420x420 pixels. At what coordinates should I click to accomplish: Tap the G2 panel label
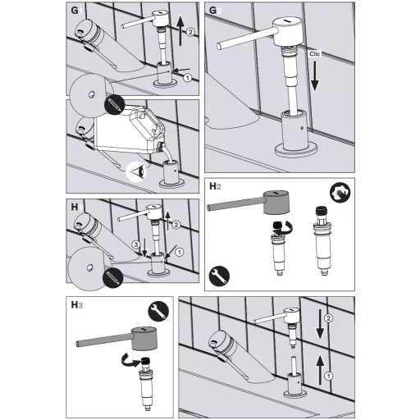215,11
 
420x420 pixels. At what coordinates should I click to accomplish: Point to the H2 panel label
215,186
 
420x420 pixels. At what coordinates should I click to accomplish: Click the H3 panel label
76,304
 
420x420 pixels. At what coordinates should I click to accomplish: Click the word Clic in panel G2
314,54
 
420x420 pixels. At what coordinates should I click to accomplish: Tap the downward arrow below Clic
315,76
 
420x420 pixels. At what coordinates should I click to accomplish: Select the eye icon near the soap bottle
136,172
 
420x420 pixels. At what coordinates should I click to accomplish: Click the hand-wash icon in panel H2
340,193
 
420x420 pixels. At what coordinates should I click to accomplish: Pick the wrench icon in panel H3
158,311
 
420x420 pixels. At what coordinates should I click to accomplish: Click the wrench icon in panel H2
219,276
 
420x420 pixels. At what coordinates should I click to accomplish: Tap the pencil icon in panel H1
112,278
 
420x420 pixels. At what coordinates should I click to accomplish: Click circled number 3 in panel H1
136,244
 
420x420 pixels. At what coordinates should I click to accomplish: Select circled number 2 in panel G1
190,32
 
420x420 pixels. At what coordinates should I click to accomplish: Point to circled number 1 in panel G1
187,78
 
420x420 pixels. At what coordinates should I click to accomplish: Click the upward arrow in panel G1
180,30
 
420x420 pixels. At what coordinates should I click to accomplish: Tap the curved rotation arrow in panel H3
130,360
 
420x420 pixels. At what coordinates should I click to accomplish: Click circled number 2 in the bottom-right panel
328,318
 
